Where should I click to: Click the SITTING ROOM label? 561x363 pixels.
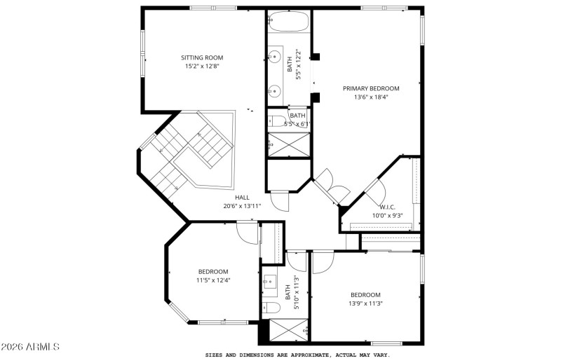[202, 57]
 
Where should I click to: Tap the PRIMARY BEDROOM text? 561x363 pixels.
[371, 88]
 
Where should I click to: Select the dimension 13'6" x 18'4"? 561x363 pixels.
[371, 97]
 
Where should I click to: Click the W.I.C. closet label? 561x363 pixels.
[388, 207]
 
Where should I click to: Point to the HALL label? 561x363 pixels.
[242, 197]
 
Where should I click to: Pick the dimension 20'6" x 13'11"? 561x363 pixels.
[242, 206]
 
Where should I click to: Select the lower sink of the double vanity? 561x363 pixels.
[276, 90]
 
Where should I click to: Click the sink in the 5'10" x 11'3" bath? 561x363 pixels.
[269, 283]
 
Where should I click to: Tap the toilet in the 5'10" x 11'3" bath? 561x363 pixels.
[271, 307]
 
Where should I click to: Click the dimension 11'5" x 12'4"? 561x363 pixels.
[213, 280]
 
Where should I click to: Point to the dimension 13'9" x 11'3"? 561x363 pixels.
[365, 303]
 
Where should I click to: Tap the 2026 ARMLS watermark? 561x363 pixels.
[30, 348]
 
